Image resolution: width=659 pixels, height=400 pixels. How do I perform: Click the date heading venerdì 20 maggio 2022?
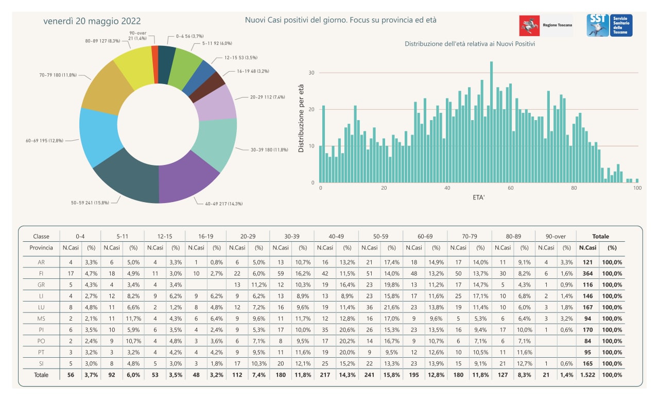92,21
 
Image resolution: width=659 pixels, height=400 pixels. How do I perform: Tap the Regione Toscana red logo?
529,26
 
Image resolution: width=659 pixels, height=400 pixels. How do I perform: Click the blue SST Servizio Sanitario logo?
609,25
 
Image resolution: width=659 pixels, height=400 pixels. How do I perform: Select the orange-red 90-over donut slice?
155,65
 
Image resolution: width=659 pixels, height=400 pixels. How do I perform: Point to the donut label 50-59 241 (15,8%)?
90,203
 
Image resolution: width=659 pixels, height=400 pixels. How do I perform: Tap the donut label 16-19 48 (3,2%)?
253,71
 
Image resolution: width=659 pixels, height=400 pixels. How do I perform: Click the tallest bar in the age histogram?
491,122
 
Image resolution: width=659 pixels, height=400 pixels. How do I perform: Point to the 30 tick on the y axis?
311,73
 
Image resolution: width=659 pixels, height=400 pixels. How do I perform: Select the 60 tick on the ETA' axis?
510,188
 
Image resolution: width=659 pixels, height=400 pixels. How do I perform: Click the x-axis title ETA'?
479,197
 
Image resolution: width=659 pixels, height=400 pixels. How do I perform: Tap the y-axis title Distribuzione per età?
301,119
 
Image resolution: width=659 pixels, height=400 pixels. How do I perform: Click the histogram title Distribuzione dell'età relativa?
470,44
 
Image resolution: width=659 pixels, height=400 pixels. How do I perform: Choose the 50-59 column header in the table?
380,236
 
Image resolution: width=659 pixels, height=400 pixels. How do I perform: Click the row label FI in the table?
41,273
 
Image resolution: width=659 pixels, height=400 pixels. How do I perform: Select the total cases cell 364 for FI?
587,273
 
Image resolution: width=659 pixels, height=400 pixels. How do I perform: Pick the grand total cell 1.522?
587,375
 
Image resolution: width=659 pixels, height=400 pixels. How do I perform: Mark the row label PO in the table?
41,341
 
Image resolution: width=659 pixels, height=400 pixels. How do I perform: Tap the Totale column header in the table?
600,236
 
